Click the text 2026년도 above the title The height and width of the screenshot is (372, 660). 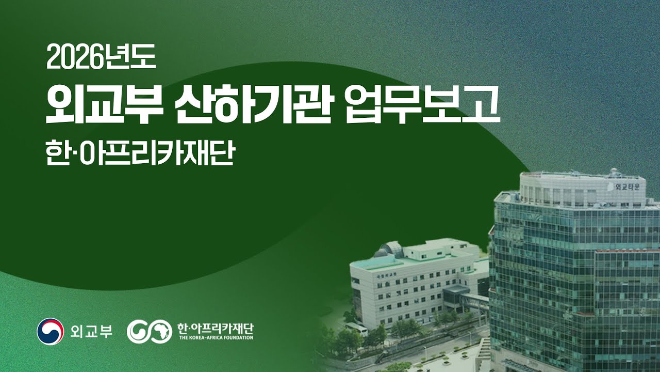(x=101, y=58)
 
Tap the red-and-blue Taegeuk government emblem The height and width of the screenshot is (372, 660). (x=50, y=331)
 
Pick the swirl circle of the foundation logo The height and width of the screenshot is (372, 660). (x=138, y=331)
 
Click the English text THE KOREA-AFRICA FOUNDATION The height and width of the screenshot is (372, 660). (x=216, y=338)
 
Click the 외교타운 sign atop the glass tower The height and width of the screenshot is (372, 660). (x=626, y=186)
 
